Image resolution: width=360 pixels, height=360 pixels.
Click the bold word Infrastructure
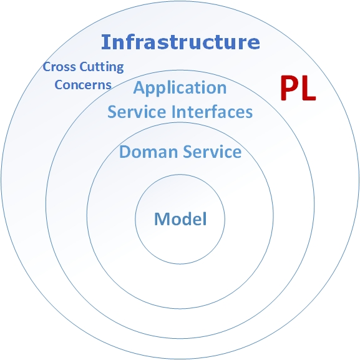tap(180, 42)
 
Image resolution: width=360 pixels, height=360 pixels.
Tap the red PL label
tap(298, 89)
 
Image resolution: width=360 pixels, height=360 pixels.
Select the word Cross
tap(59, 67)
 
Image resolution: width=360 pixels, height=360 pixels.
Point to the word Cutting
tap(102, 67)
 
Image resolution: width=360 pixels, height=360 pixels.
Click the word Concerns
tap(83, 85)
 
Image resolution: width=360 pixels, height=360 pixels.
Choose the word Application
tap(180, 89)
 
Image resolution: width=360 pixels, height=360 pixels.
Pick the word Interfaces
tap(212, 112)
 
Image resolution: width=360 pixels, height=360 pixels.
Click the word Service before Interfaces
tap(137, 112)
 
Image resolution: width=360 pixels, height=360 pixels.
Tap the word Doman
tap(148, 152)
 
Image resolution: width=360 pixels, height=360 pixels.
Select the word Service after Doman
tap(212, 152)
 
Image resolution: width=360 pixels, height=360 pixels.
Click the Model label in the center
tap(180, 219)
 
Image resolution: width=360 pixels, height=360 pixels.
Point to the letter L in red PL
tap(309, 89)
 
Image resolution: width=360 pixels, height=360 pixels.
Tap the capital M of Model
tap(161, 219)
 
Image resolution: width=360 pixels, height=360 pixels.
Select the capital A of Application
tap(140, 87)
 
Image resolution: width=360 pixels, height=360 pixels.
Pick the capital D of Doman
tap(125, 152)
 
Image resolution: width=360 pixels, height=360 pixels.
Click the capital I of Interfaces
tap(173, 112)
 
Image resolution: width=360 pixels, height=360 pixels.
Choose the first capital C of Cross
tap(47, 67)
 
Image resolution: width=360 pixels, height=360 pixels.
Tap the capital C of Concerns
tap(58, 85)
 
